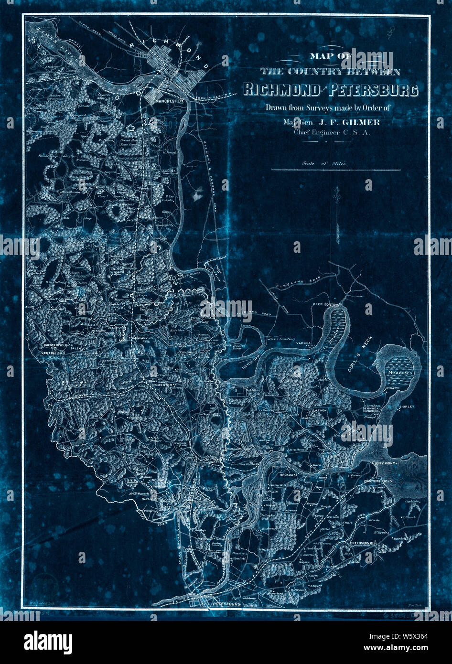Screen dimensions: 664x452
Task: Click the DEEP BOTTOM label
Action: click(x=326, y=304)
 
